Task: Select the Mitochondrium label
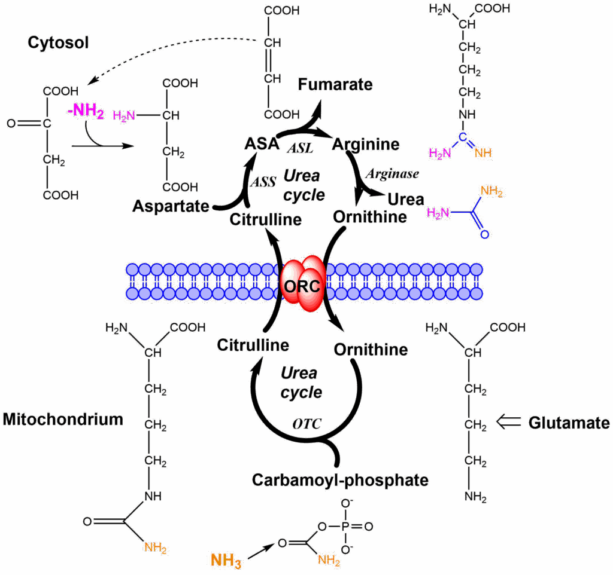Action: point(63,418)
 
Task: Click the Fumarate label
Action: point(335,84)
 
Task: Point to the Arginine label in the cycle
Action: point(366,144)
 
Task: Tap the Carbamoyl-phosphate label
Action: point(340,479)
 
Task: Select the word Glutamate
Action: point(569,423)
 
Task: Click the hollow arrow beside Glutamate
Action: point(509,422)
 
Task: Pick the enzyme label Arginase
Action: point(392,173)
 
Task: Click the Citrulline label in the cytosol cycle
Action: point(265,219)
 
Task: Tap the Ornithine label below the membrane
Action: point(371,348)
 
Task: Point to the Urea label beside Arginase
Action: point(406,199)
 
